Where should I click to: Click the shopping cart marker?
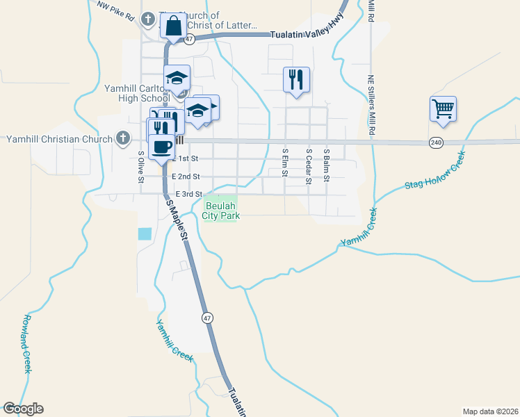point(443,109)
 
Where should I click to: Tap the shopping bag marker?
point(172,26)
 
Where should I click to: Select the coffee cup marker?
point(162,147)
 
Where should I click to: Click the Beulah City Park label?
point(221,211)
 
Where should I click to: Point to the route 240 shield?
point(436,142)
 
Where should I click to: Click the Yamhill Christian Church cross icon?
point(122,138)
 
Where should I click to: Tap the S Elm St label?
point(285,162)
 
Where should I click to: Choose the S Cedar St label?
point(308,165)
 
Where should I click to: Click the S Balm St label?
point(325,164)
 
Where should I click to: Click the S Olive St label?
point(141,167)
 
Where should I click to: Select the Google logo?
point(23,409)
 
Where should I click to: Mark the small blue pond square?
point(145,234)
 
